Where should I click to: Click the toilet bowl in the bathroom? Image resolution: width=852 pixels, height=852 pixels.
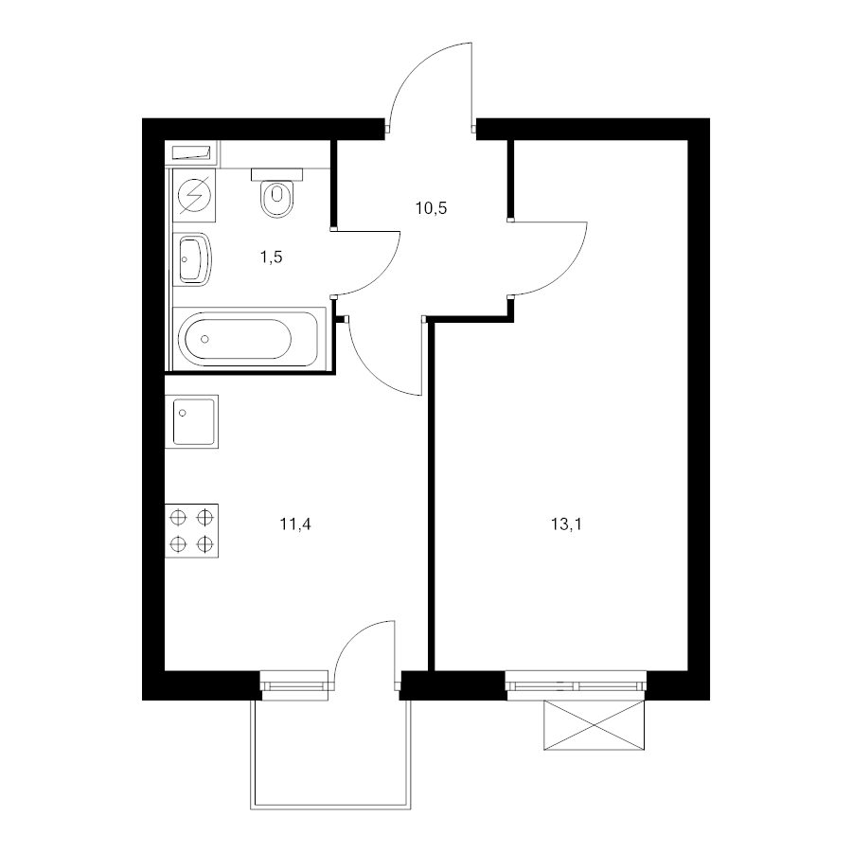click(x=277, y=199)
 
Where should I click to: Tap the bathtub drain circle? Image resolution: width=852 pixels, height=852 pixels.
click(x=204, y=339)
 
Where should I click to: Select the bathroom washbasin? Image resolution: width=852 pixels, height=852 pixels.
click(x=192, y=259)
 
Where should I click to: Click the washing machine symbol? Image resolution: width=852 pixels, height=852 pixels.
click(x=194, y=195)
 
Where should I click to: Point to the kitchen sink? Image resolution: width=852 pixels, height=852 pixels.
click(x=192, y=421)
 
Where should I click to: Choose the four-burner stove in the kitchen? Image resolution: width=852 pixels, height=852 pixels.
click(x=192, y=531)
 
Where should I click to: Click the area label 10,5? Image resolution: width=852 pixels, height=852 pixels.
click(x=431, y=207)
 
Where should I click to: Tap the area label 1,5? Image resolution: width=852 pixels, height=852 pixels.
click(x=271, y=257)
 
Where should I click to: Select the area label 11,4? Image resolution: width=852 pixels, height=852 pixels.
click(x=295, y=524)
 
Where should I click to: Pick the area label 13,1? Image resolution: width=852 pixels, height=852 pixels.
click(x=566, y=524)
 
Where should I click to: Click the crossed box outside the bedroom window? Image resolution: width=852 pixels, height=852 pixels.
click(x=594, y=725)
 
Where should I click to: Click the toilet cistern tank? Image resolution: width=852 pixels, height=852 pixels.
click(x=276, y=174)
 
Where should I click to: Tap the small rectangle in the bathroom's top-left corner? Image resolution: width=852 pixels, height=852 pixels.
click(x=191, y=152)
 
